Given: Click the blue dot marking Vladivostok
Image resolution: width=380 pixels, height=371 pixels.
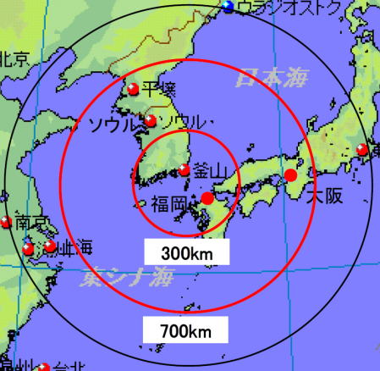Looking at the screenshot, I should click(x=228, y=7).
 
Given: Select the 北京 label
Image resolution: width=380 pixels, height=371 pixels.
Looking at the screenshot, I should click(x=14, y=58).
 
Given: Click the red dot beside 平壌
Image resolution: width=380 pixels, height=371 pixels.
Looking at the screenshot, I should click(x=131, y=89).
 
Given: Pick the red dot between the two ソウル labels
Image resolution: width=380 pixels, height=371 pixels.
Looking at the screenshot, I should click(x=150, y=121).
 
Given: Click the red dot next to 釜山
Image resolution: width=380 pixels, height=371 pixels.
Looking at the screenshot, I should click(x=184, y=169).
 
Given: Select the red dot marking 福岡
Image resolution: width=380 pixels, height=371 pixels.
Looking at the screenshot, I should click(x=207, y=198).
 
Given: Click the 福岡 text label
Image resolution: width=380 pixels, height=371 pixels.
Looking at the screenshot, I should click(x=171, y=203).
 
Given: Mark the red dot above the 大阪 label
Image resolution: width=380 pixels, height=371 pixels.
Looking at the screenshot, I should click(x=290, y=175).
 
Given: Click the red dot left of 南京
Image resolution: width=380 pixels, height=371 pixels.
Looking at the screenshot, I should click(x=6, y=222).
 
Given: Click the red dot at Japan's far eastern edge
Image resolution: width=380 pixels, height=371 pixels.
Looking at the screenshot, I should click(x=363, y=150).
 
